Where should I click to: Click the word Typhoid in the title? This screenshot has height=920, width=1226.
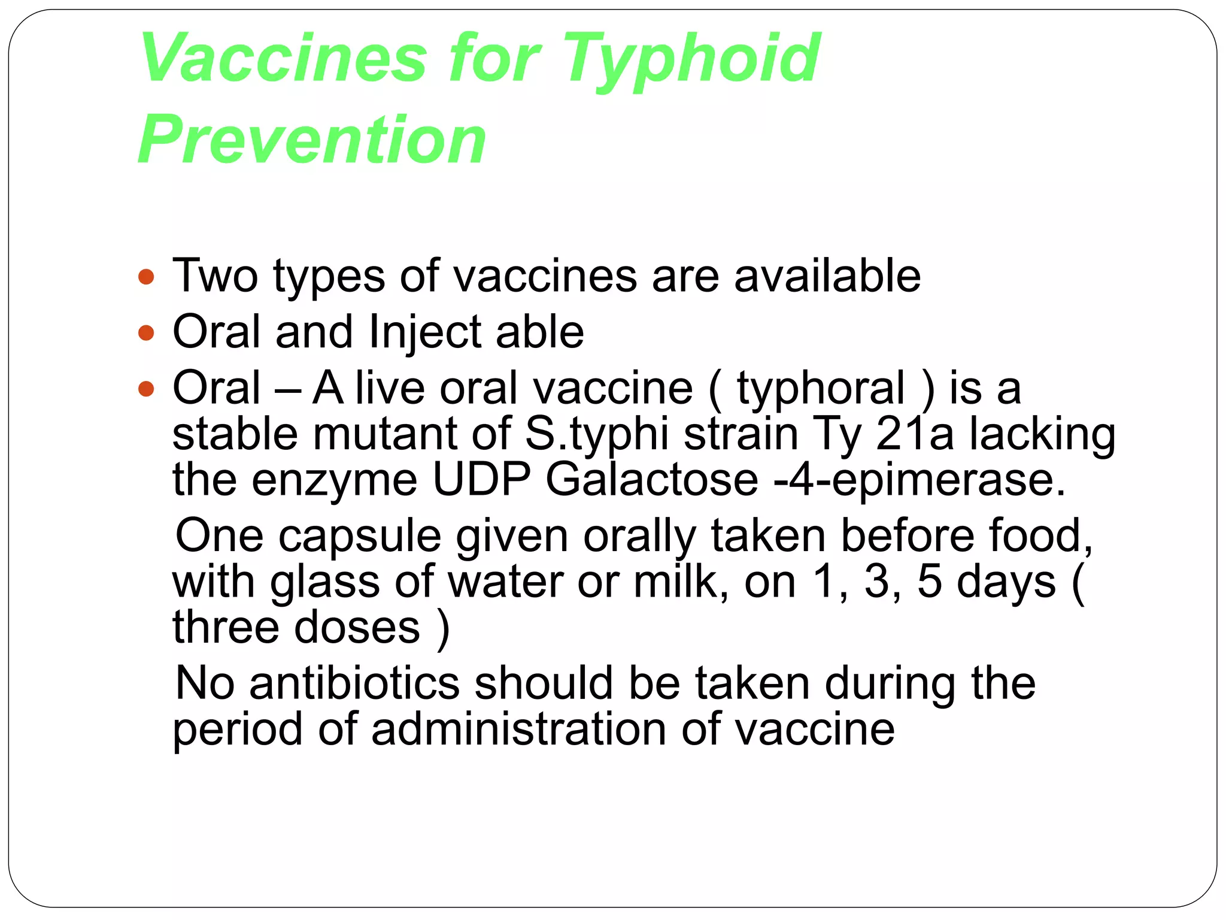(691, 60)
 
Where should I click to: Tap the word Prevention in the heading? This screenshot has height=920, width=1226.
(312, 140)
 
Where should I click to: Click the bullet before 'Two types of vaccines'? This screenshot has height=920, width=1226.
(146, 277)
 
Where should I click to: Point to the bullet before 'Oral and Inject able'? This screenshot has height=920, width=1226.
(146, 332)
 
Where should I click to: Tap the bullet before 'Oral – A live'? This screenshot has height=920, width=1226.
(146, 389)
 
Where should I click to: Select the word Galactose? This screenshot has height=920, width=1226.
(652, 480)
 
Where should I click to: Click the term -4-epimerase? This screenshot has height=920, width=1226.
(919, 481)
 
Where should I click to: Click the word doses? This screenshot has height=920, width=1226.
(357, 628)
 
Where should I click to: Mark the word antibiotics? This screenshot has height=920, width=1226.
(354, 683)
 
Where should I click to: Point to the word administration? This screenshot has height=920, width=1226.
(518, 730)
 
